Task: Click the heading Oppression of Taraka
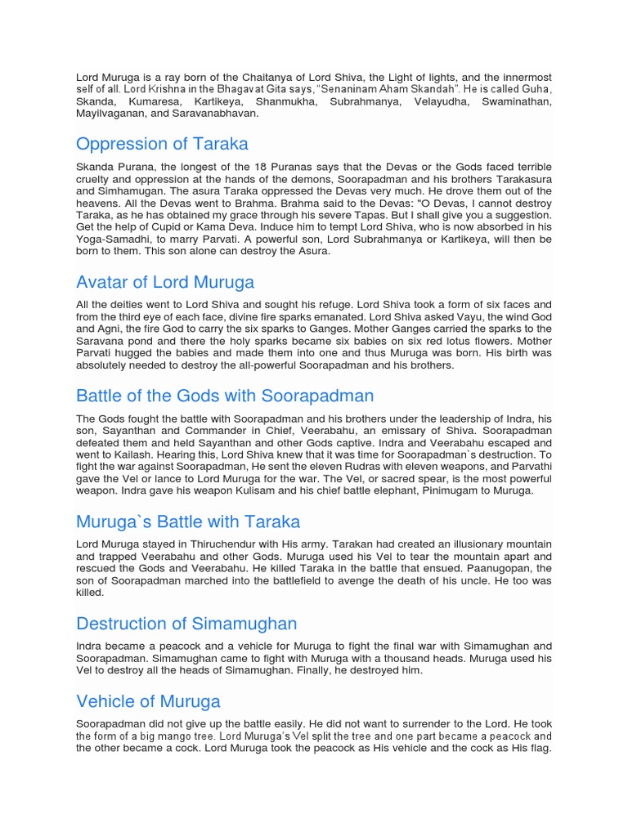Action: pyautogui.click(x=162, y=144)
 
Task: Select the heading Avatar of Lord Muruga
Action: pyautogui.click(x=165, y=282)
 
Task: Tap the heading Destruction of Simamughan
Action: pyautogui.click(x=186, y=624)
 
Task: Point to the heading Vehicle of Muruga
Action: pyautogui.click(x=148, y=701)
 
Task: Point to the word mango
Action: pyautogui.click(x=179, y=736)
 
